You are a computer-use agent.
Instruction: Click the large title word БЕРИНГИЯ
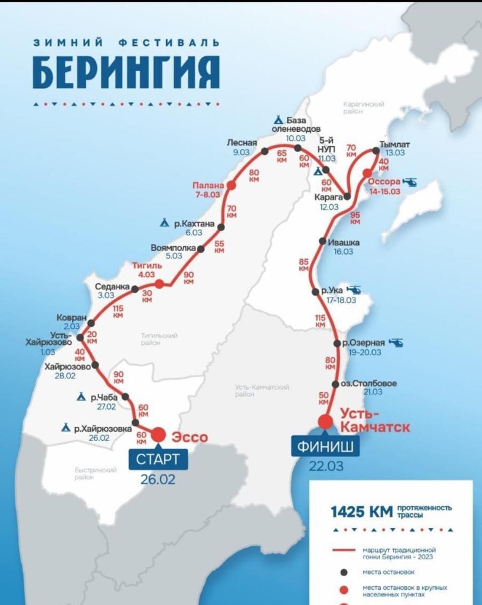click(x=126, y=72)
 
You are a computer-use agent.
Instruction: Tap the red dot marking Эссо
click(x=158, y=434)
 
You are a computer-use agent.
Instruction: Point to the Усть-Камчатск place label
click(x=375, y=420)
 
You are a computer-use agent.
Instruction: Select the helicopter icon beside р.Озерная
click(x=396, y=343)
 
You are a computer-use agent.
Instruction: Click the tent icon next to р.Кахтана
click(x=165, y=222)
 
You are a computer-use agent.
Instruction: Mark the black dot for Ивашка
click(x=323, y=241)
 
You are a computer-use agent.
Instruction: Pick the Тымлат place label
click(x=395, y=144)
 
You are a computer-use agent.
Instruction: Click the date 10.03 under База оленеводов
click(x=295, y=138)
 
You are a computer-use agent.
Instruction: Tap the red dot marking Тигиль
click(x=159, y=284)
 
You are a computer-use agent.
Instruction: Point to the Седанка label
click(x=113, y=286)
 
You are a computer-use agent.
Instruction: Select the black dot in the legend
click(x=344, y=572)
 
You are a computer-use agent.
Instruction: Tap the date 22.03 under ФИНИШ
click(x=326, y=466)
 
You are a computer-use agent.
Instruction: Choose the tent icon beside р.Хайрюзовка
click(x=66, y=427)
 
